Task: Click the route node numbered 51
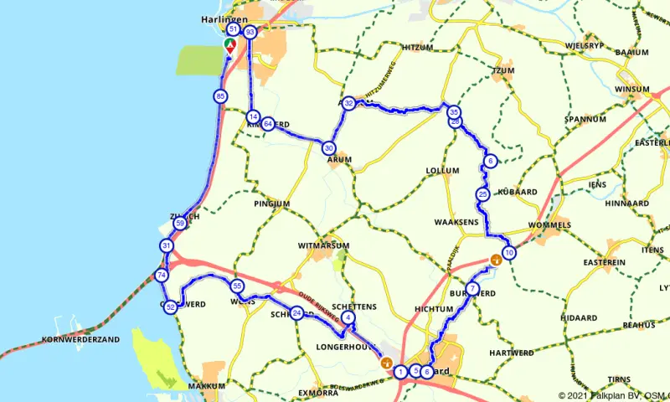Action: (234, 30)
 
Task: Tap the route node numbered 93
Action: (249, 32)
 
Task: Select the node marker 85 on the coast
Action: (220, 96)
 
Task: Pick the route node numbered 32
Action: (348, 103)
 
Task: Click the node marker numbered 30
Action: (328, 148)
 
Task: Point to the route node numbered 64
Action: (268, 125)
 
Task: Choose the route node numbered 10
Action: (509, 253)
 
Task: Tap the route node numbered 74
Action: (162, 276)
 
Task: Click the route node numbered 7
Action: (472, 289)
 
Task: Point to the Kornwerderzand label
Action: (79, 339)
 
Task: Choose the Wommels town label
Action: (549, 225)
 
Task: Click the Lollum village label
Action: (442, 170)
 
